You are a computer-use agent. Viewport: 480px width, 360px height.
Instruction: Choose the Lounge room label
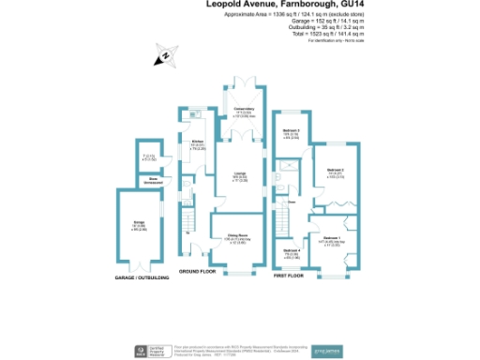pos(239,174)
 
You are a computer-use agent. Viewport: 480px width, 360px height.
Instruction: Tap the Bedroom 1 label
pos(331,240)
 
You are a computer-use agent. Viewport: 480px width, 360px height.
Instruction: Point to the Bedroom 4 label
pos(292,252)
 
